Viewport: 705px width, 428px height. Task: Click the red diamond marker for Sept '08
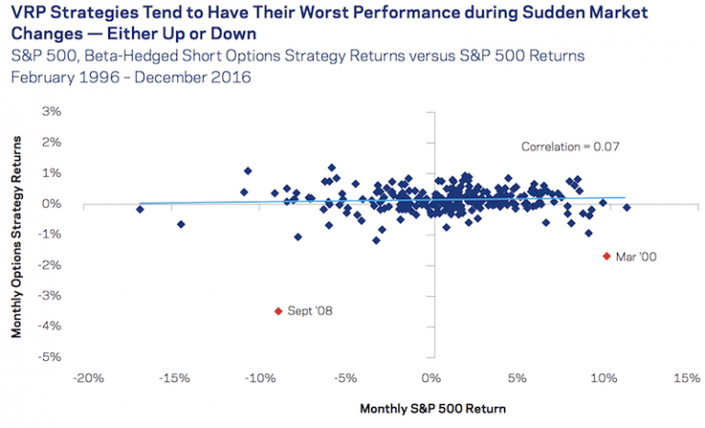[x=278, y=311]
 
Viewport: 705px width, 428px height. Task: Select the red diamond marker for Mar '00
[x=606, y=256]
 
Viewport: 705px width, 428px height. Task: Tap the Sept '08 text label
[x=310, y=312]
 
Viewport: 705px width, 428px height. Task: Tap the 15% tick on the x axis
[x=688, y=378]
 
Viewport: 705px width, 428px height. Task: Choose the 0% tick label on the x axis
[x=431, y=378]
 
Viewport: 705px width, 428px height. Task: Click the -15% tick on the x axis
[x=173, y=378]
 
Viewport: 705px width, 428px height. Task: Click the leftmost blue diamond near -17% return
[x=140, y=209]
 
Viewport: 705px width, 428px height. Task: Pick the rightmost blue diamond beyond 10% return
[x=627, y=207]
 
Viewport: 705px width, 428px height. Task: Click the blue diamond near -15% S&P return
[x=181, y=224]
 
